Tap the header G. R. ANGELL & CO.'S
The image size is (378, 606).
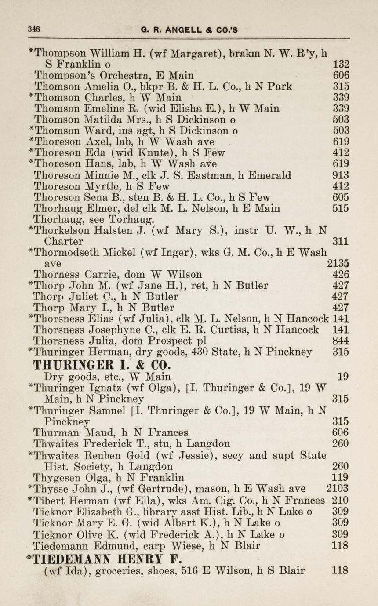[189, 30]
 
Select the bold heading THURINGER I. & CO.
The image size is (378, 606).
[102, 365]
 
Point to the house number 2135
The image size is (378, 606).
[338, 264]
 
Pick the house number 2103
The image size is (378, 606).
[338, 488]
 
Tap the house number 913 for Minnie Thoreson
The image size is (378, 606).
[341, 176]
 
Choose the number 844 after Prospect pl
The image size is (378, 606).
[341, 341]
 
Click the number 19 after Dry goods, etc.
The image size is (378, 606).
[343, 376]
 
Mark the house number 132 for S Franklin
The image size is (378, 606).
[341, 64]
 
